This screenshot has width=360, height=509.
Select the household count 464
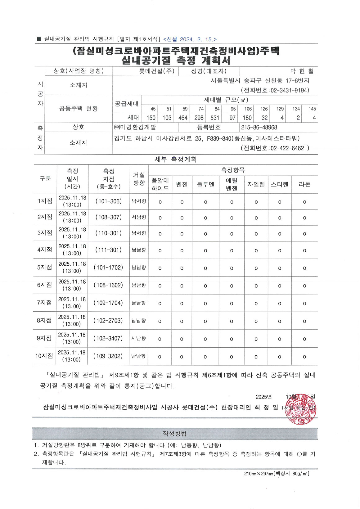183,118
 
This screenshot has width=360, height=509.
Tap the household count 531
215,118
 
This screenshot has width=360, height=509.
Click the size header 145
312,109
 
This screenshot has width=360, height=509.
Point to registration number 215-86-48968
259,128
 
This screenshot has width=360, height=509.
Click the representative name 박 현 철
302,71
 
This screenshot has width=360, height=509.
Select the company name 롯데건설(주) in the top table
157,71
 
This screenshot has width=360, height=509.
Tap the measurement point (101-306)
109,201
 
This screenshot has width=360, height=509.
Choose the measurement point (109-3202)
108,356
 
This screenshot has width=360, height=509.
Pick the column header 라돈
304,184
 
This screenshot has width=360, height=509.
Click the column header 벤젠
182,184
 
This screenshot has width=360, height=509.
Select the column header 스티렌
280,184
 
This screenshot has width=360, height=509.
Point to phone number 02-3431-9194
289,91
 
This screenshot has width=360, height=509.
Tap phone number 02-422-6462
287,148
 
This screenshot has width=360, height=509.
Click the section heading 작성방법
175,434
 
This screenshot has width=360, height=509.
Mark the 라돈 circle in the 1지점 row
304,202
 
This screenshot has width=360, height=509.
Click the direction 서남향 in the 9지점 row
138,339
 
